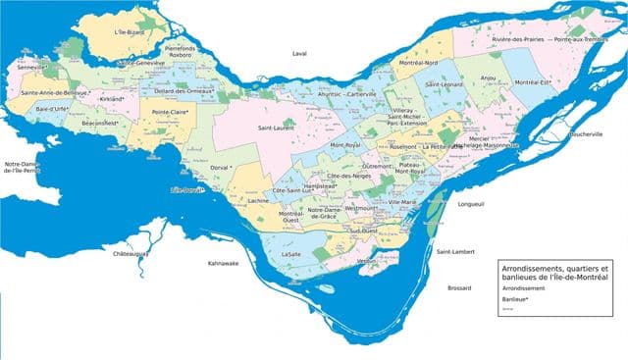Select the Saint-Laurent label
(277, 129)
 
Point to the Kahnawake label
(225, 263)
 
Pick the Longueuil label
(474, 204)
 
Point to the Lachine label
(259, 200)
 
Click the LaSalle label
(290, 254)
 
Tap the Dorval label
(219, 168)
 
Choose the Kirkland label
(112, 99)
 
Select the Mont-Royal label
(346, 145)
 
